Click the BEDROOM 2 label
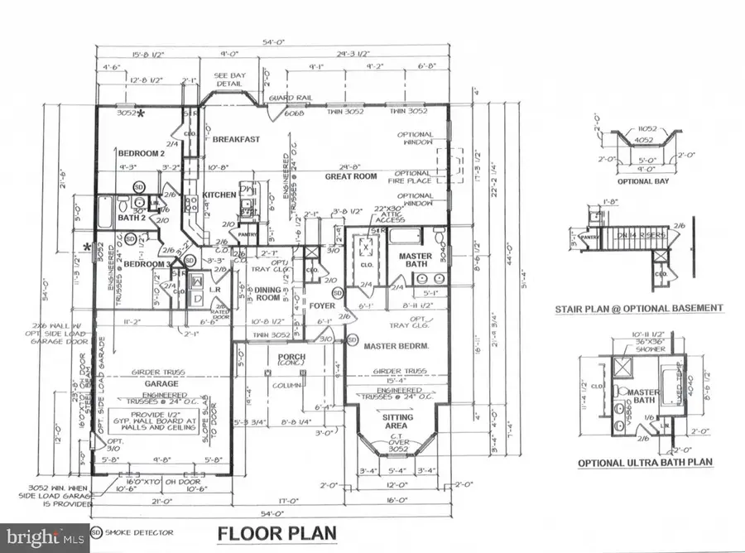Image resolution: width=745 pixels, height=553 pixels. (x=141, y=154)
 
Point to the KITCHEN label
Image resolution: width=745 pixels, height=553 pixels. (x=220, y=195)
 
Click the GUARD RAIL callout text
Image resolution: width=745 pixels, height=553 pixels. (x=284, y=99)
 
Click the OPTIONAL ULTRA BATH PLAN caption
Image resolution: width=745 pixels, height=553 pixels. (x=646, y=462)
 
